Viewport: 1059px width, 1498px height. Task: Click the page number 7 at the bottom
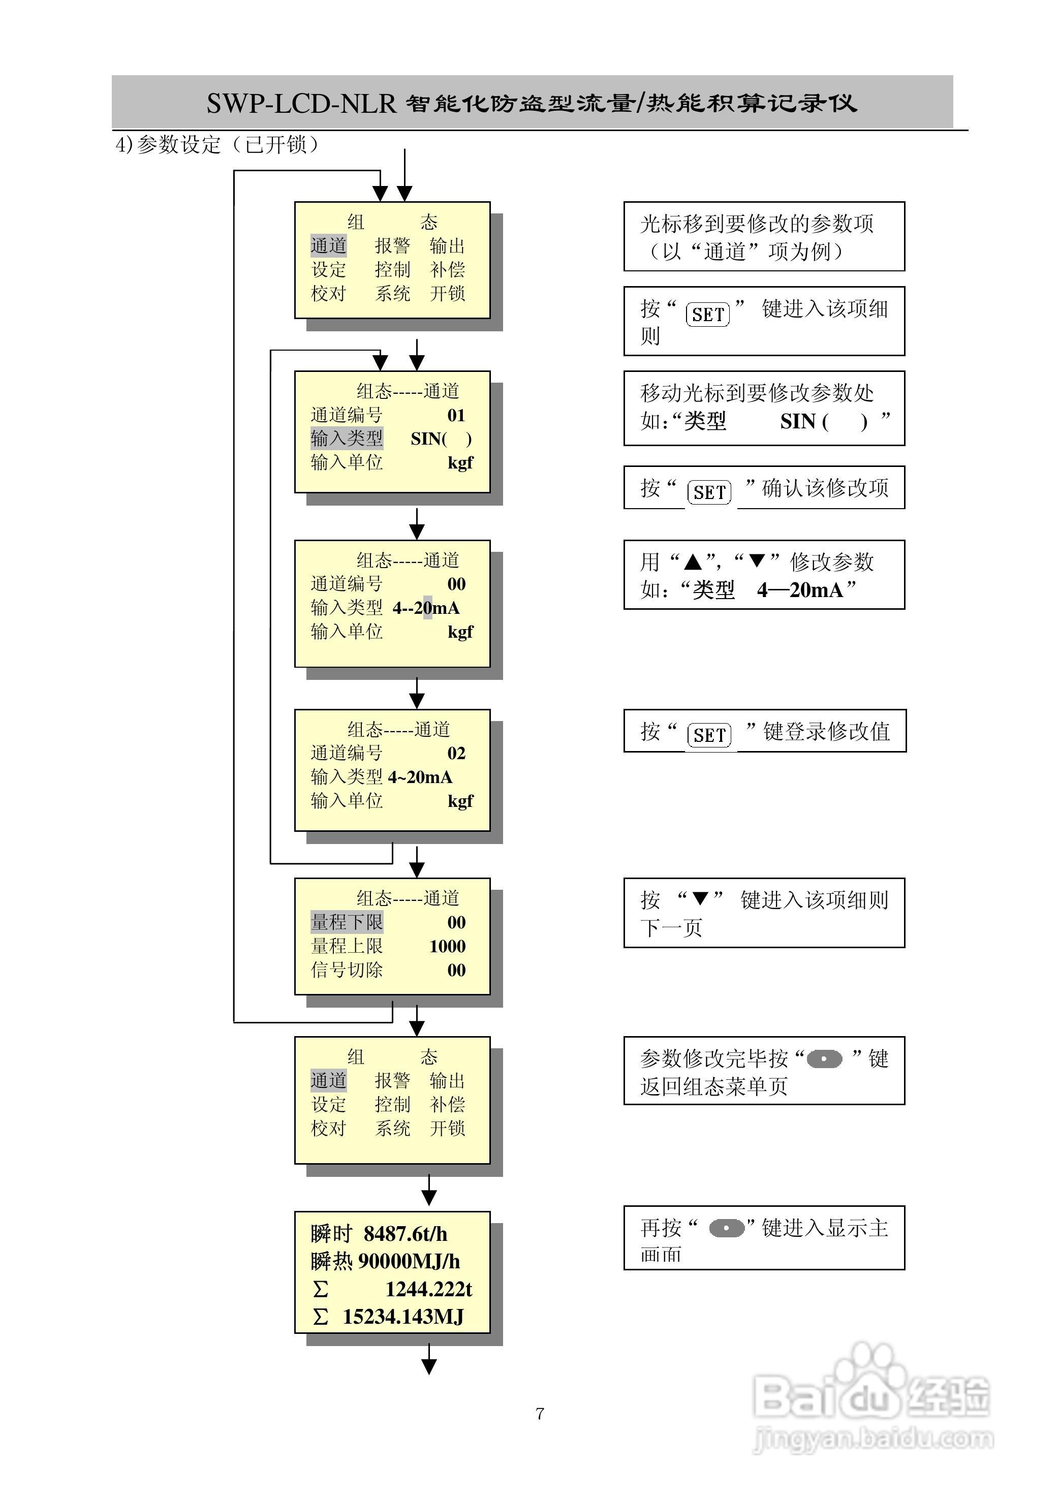[x=540, y=1413]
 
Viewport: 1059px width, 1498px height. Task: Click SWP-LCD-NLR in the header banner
[x=301, y=104]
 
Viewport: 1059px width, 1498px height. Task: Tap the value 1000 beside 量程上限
[x=448, y=946]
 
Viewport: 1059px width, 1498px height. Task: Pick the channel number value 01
[x=456, y=415]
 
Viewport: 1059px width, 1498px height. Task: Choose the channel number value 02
[x=456, y=753]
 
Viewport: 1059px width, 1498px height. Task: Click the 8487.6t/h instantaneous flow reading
[x=405, y=1233]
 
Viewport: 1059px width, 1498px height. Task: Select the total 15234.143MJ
[x=403, y=1316]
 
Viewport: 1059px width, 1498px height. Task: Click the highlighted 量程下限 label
[x=347, y=922]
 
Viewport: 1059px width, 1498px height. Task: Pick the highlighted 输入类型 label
[x=347, y=439]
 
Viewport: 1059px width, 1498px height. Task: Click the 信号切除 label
[x=347, y=970]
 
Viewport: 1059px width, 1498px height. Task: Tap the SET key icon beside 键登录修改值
[x=709, y=735]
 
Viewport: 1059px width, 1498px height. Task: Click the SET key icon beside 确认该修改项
[x=709, y=492]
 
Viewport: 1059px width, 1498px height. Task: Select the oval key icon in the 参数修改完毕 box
[x=824, y=1058]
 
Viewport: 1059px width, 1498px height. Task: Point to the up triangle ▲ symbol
[x=693, y=561]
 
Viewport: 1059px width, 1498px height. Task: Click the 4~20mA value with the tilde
[x=420, y=776]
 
